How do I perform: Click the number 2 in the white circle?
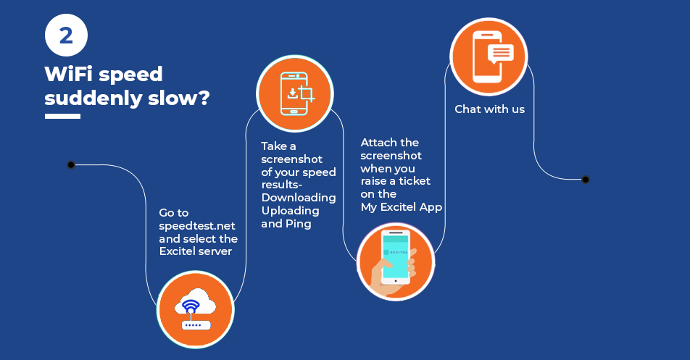click(66, 35)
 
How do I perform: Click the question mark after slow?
click(203, 97)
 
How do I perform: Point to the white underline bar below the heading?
click(62, 117)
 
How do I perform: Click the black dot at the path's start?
click(71, 165)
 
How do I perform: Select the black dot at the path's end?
click(586, 180)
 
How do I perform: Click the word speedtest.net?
click(196, 225)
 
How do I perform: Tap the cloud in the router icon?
click(196, 301)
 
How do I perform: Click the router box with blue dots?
click(196, 325)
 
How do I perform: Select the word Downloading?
click(299, 197)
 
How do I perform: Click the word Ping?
click(299, 224)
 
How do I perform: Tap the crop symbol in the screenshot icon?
click(307, 93)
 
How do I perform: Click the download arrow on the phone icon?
click(293, 93)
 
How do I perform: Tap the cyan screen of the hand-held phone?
click(395, 256)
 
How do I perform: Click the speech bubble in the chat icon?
click(501, 54)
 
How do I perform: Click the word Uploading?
click(290, 211)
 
